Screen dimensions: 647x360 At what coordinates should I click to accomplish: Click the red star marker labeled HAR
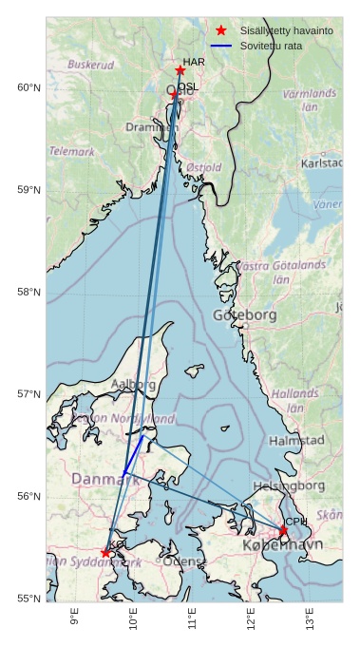[x=180, y=70]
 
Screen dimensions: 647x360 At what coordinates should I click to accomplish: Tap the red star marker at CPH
[x=282, y=530]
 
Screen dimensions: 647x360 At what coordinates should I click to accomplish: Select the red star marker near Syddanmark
[x=105, y=552]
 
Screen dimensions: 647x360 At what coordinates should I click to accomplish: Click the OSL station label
[x=189, y=86]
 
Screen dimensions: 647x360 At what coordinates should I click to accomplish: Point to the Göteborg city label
[x=244, y=314]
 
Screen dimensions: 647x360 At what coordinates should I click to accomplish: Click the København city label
[x=282, y=545]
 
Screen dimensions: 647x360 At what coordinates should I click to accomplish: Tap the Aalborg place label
[x=134, y=384]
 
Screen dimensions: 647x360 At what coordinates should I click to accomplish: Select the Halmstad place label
[x=296, y=440]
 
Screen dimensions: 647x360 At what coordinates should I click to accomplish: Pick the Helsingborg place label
[x=289, y=485]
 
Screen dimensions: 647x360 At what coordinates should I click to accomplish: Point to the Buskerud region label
[x=91, y=65]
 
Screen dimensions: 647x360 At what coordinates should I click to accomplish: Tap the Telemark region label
[x=72, y=151]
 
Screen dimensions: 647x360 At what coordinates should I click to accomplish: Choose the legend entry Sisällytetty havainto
[x=286, y=30]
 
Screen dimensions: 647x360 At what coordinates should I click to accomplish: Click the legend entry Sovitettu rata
[x=271, y=46]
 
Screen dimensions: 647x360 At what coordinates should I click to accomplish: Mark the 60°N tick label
[x=28, y=87]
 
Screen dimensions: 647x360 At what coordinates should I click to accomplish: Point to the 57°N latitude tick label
[x=28, y=394]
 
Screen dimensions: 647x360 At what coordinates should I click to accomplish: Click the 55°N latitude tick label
[x=28, y=599]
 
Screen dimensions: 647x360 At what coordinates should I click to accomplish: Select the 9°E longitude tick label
[x=74, y=619]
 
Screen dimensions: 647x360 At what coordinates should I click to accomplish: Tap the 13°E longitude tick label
[x=310, y=619]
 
